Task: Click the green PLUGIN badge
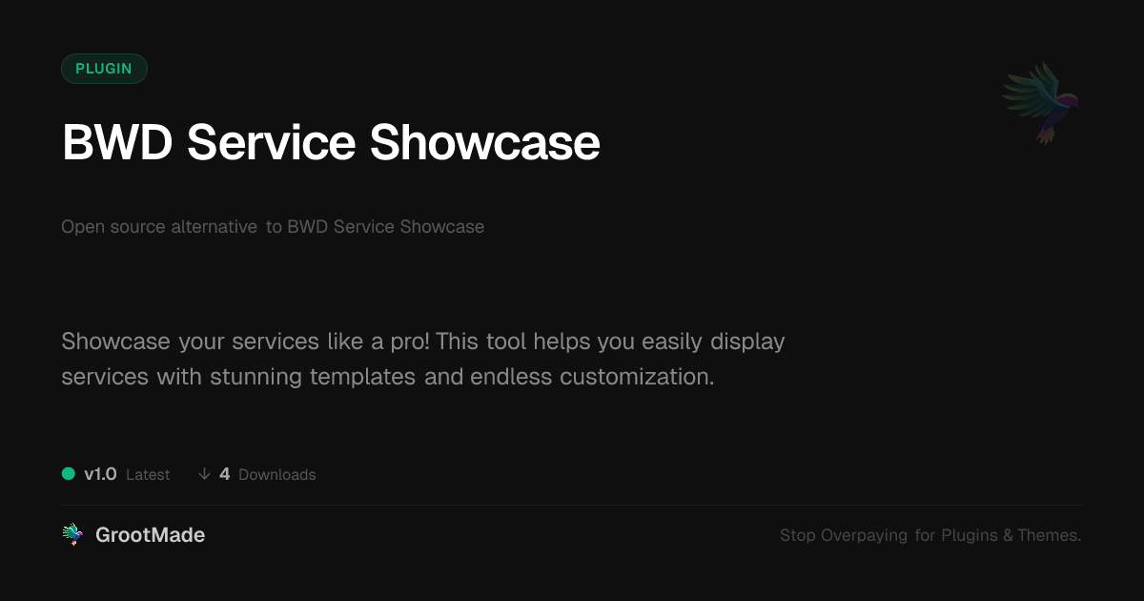[104, 69]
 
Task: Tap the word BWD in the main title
[117, 142]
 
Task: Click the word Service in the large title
[271, 142]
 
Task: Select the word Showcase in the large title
[484, 142]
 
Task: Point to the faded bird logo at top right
[1041, 103]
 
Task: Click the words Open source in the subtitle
[112, 227]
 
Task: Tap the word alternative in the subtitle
[214, 226]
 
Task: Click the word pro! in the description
[410, 342]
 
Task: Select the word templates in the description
[362, 377]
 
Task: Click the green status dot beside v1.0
[69, 474]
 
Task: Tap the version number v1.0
[101, 474]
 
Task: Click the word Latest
[148, 475]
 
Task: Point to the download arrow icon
[204, 474]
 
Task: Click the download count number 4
[225, 474]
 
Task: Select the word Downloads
[277, 475]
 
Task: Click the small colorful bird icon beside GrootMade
[73, 534]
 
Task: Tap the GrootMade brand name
[151, 535]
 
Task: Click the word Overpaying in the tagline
[864, 535]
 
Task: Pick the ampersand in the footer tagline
[1009, 535]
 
